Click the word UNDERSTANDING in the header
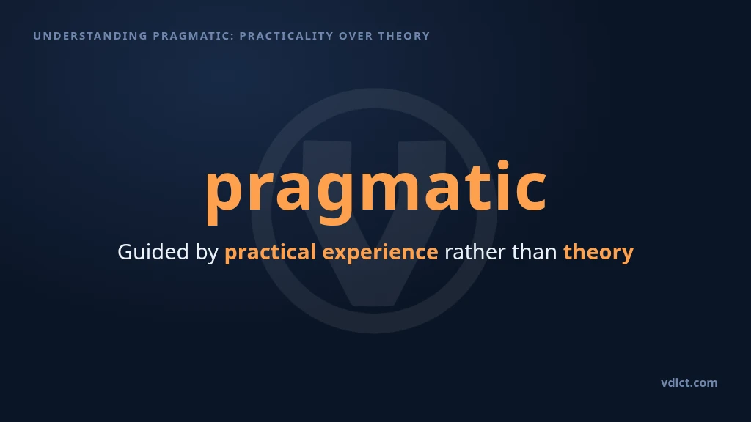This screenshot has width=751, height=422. point(90,36)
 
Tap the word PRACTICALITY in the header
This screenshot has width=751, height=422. point(286,36)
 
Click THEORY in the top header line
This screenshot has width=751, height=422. point(404,36)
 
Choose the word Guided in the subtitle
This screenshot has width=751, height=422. point(153,252)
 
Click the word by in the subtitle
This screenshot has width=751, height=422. point(207,253)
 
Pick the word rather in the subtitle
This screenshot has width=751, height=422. point(475,253)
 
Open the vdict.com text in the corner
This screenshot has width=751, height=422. point(689,382)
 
